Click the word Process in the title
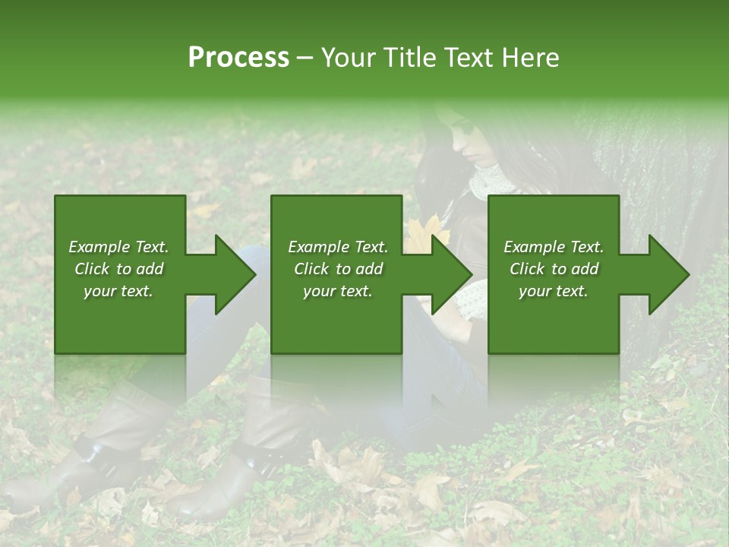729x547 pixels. pos(238,58)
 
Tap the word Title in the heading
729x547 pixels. pos(411,58)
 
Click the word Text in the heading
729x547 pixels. pos(472,58)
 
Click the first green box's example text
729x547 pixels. pos(119,269)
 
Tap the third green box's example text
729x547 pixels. pos(554,269)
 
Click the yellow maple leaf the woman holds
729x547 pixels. pos(426,232)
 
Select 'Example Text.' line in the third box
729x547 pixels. pos(554,247)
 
